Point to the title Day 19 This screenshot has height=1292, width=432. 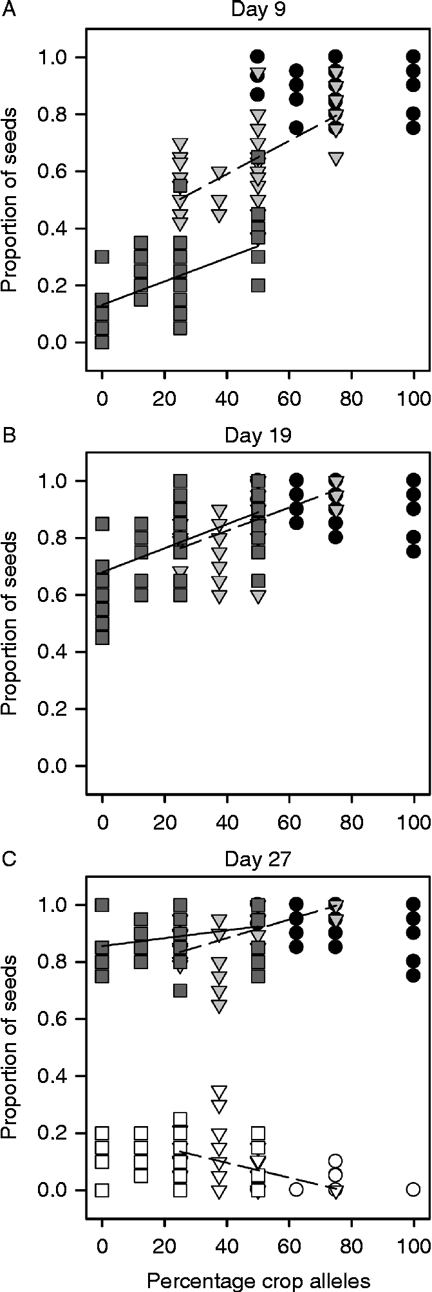pos(258,435)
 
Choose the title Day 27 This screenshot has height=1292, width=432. pos(258,859)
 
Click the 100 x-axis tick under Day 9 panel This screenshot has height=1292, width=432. pos(413,397)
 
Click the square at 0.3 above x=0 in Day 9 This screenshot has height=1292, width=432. pos(102,257)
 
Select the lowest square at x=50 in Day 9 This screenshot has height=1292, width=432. pos(258,286)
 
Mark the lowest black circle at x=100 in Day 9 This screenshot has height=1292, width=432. pos(413,127)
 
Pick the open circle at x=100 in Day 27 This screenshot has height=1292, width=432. pos(413,1189)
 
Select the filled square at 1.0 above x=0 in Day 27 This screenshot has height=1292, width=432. pos(102,905)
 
